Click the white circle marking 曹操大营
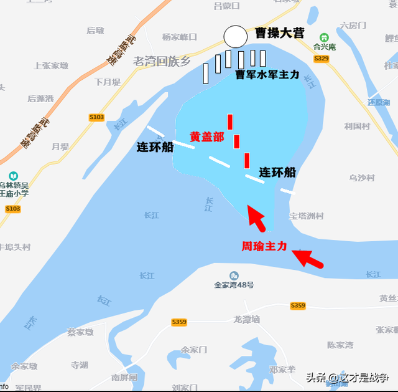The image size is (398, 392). [x=235, y=37]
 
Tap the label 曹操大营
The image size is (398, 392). [x=279, y=33]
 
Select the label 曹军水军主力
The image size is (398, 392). [x=267, y=74]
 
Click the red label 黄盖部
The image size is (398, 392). [x=206, y=137]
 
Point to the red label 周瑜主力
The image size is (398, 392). [x=264, y=246]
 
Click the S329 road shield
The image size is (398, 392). [x=321, y=59]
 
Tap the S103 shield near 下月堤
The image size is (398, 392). [x=96, y=117]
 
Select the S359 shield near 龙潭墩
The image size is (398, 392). [x=179, y=322]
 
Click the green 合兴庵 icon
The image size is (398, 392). [x=323, y=37]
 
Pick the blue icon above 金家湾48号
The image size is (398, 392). [x=234, y=275]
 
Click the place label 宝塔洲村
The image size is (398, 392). [x=306, y=216]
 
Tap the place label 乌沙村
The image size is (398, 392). [x=362, y=178]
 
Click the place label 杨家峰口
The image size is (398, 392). [x=180, y=37]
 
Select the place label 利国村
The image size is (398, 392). [x=357, y=126]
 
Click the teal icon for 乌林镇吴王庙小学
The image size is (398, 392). [x=13, y=176]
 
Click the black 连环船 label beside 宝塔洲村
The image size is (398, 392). [x=277, y=172]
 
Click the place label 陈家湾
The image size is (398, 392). [x=340, y=345]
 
